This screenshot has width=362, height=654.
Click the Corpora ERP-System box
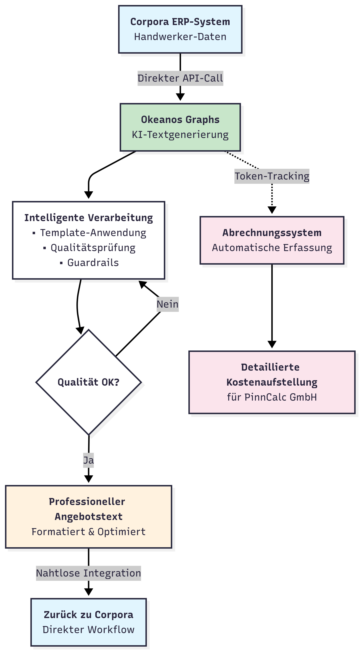pyautogui.click(x=180, y=29)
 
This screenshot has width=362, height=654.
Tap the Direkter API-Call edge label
pyautogui.click(x=180, y=78)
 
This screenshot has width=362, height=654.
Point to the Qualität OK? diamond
pyautogui.click(x=89, y=382)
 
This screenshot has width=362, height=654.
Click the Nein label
pyautogui.click(x=167, y=304)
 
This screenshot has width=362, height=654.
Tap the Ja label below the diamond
pyautogui.click(x=89, y=460)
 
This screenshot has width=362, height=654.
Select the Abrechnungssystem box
pyautogui.click(x=272, y=240)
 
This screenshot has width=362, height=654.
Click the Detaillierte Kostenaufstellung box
pyautogui.click(x=272, y=382)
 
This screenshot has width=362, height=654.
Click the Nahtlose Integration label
pyautogui.click(x=89, y=573)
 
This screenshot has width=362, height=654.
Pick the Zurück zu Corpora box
pyautogui.click(x=89, y=622)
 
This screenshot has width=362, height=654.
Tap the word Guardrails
pyautogui.click(x=93, y=262)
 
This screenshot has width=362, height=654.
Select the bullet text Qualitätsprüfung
pyautogui.click(x=93, y=247)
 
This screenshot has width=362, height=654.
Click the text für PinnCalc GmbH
pyautogui.click(x=272, y=397)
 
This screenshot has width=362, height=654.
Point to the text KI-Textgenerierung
pyautogui.click(x=180, y=135)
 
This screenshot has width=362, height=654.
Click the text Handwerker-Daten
pyautogui.click(x=180, y=37)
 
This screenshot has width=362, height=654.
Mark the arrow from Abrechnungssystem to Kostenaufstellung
pyautogui.click(x=272, y=305)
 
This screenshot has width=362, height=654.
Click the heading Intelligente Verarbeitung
pyautogui.click(x=89, y=218)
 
